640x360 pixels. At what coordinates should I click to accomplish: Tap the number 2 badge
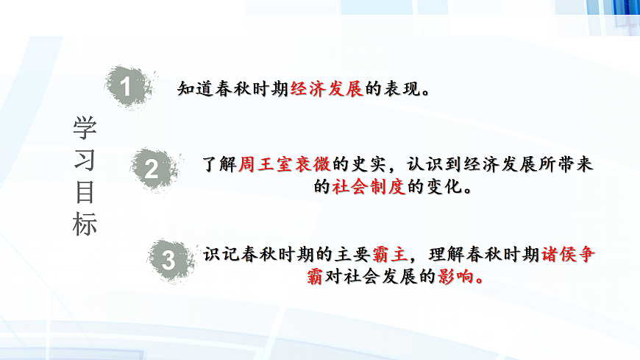click(x=152, y=169)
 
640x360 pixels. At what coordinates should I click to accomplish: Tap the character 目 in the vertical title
click(x=85, y=192)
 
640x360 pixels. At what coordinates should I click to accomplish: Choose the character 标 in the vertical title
click(x=85, y=225)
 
